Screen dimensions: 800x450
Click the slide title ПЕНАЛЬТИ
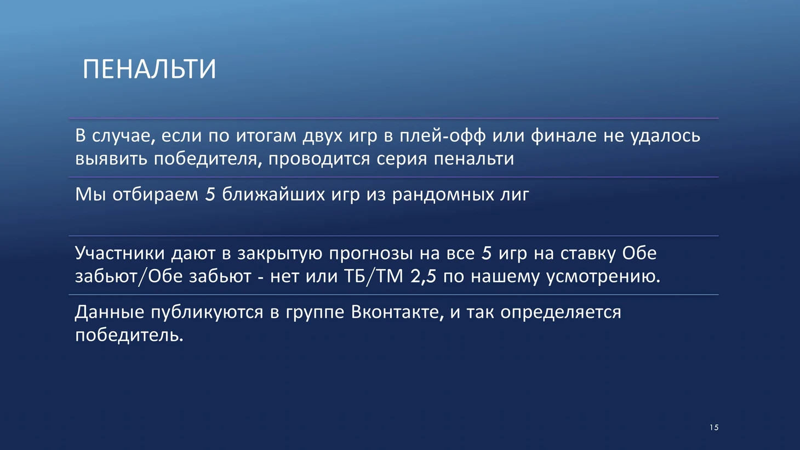[149, 69]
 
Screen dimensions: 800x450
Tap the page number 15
[714, 428]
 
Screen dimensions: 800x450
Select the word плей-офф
[443, 136]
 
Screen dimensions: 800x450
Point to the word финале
[564, 136]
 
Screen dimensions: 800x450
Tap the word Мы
[90, 195]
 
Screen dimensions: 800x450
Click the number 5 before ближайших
[210, 195]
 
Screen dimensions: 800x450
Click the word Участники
[120, 253]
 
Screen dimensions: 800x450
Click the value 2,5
[423, 277]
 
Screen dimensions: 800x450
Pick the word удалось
[665, 136]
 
